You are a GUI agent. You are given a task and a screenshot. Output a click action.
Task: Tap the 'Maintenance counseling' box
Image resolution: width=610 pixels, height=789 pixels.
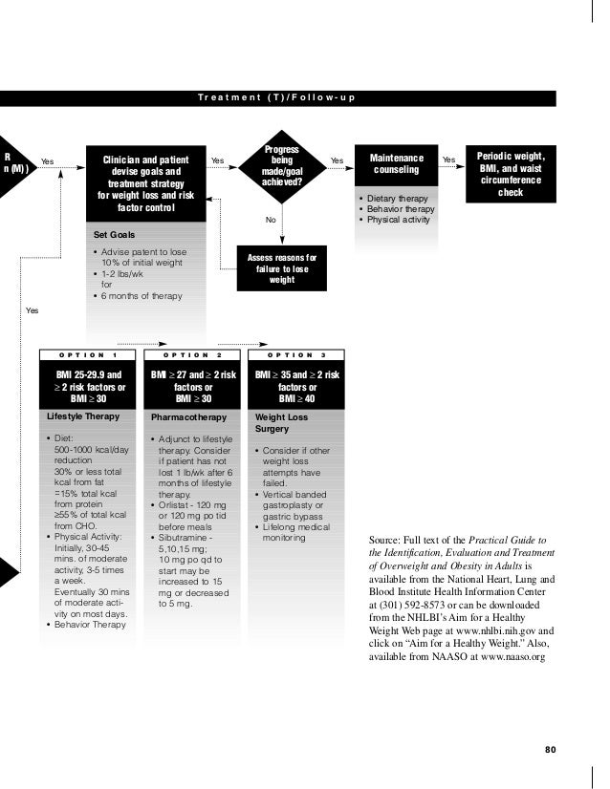pyautogui.click(x=396, y=164)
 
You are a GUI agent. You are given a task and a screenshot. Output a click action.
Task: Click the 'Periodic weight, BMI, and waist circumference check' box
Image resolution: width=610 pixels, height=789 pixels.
pyautogui.click(x=511, y=173)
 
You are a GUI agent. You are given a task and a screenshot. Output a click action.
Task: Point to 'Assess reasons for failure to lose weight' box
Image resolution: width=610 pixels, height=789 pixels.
pyautogui.click(x=281, y=268)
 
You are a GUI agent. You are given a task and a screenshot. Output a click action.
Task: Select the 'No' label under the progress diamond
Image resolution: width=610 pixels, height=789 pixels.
pyautogui.click(x=271, y=220)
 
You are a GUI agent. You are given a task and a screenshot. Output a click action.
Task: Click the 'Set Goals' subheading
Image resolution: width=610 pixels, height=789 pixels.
pyautogui.click(x=114, y=234)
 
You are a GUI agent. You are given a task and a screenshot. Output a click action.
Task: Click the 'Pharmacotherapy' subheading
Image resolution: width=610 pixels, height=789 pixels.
pyautogui.click(x=188, y=417)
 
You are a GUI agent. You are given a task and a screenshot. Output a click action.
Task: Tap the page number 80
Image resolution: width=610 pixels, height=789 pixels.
pyautogui.click(x=550, y=749)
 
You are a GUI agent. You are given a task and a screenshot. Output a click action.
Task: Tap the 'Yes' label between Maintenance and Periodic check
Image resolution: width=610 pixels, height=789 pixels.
pyautogui.click(x=448, y=159)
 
